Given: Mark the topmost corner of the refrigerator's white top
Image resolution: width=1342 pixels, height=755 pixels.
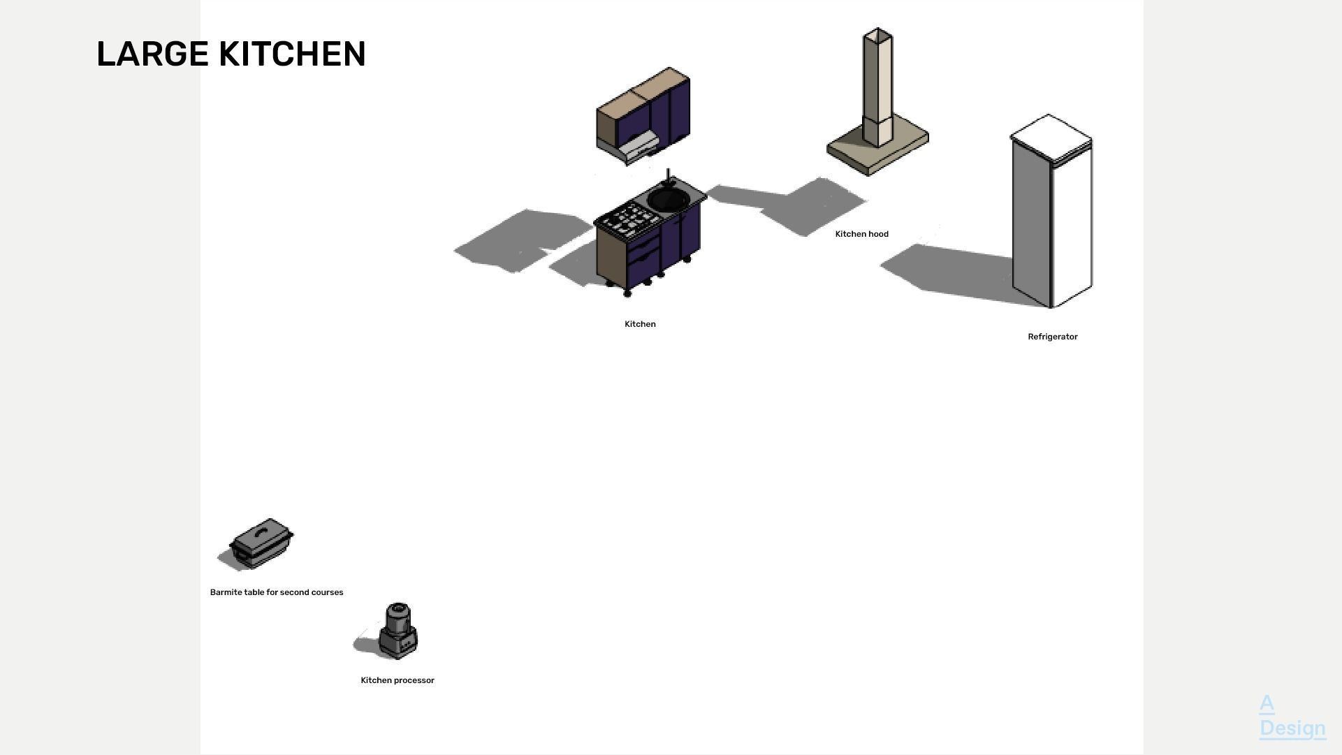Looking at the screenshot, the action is pos(1049,114).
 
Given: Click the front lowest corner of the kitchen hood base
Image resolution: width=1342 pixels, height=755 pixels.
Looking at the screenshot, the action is pos(868,176).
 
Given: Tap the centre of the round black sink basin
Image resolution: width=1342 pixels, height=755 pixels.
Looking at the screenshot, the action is pos(669,199).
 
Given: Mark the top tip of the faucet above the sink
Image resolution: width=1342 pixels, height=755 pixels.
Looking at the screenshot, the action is pos(669,169).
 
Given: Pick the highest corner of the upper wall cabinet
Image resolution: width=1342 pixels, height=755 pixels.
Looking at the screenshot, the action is pos(670,67).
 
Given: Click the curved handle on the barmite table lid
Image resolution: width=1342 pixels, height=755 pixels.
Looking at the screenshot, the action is pos(261,532).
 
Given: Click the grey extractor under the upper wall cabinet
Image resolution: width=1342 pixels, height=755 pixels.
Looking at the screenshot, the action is pos(636,148).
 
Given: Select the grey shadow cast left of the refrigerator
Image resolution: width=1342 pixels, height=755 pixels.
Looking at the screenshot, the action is pos(947,274).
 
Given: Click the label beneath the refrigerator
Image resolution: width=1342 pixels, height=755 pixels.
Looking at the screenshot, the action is pos(1053,337).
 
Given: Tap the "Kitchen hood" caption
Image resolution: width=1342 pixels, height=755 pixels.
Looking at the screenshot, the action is pos(862,234).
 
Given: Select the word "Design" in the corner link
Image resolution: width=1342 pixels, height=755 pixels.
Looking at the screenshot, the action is pos(1292,728).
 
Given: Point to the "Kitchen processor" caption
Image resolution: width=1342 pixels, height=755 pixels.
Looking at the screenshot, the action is pos(398,680).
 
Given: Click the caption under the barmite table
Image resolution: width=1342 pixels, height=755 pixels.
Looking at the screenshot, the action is pos(277,592).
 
